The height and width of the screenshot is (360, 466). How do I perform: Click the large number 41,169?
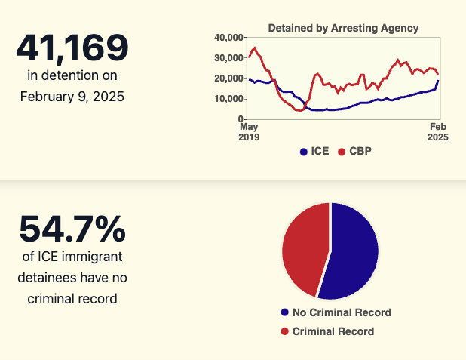pyautogui.click(x=72, y=49)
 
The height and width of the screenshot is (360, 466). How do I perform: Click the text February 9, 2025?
pyautogui.click(x=72, y=96)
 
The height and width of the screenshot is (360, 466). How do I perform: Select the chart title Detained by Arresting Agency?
pyautogui.click(x=343, y=28)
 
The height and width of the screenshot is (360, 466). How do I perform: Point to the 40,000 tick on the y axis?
pyautogui.click(x=228, y=38)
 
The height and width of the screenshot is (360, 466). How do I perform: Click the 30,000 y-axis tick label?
pyautogui.click(x=228, y=58)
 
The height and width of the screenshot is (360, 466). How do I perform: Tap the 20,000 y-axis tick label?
pyautogui.click(x=228, y=78)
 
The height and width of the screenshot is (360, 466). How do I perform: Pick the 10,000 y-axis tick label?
pyautogui.click(x=228, y=99)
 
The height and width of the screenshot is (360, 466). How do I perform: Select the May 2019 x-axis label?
pyautogui.click(x=249, y=133)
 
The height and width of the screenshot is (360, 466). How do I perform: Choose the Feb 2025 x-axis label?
pyautogui.click(x=438, y=133)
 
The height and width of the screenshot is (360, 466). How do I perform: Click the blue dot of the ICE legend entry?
pyautogui.click(x=304, y=152)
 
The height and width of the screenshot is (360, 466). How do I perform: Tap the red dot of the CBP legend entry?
pyautogui.click(x=342, y=152)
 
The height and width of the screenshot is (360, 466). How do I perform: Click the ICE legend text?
pyautogui.click(x=320, y=151)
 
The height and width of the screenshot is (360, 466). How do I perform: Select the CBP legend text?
pyautogui.click(x=360, y=151)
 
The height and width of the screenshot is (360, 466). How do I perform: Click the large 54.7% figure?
pyautogui.click(x=72, y=230)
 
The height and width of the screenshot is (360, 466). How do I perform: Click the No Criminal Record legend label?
pyautogui.click(x=342, y=312)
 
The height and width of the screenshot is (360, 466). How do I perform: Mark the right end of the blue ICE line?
pyautogui.click(x=438, y=81)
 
